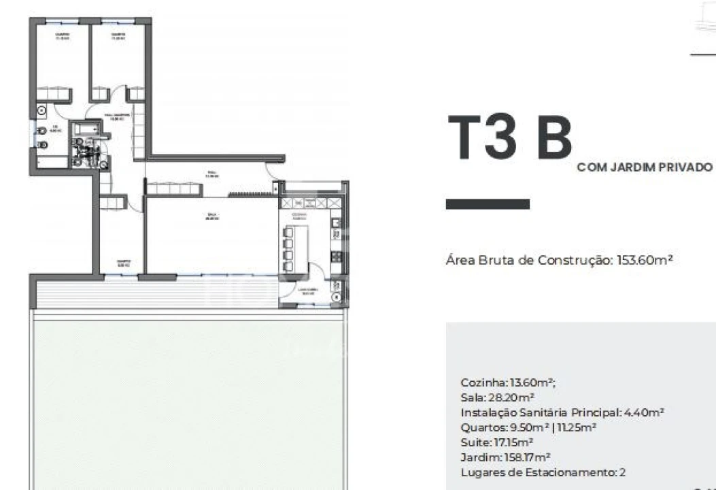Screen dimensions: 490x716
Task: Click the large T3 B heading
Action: pos(510,139)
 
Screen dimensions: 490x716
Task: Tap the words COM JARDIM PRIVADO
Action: pos(645,167)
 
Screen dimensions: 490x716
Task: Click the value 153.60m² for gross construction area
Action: pos(645,260)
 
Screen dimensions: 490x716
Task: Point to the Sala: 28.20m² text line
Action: pos(497,397)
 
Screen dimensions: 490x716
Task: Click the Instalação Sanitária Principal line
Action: pos(562,412)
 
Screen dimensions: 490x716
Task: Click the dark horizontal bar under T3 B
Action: pos(488,204)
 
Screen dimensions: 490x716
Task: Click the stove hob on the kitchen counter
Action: pos(335,256)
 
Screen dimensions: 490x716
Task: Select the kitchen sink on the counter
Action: pos(335,233)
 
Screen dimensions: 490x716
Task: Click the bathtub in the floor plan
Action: pos(87,129)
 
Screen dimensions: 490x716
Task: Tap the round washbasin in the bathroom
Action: pos(41,110)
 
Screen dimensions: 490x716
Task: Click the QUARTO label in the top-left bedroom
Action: pos(63,36)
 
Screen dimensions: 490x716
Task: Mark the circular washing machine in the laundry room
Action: pos(336,297)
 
